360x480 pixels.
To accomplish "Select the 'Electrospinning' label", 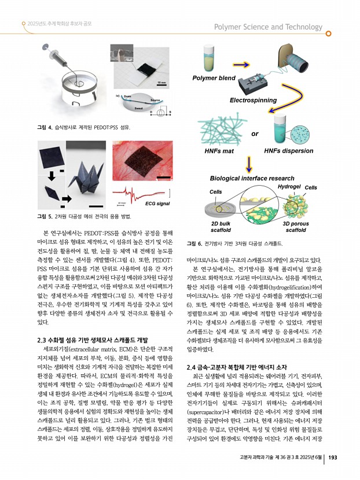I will (253, 100).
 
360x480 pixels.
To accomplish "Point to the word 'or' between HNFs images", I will (254, 134).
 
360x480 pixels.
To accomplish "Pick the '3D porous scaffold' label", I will (296, 226).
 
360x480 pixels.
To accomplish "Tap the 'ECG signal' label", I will (156, 204).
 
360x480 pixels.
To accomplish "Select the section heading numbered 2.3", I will (93, 339).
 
